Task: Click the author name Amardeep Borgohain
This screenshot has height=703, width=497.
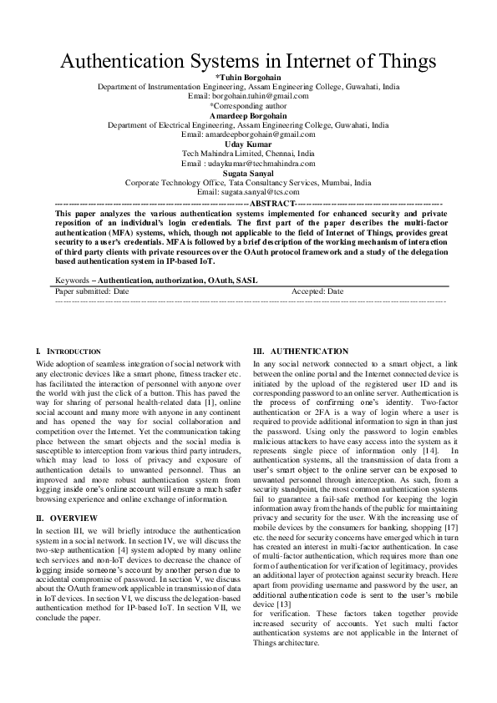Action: pos(248,115)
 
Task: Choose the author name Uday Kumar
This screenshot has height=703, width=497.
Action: pos(248,144)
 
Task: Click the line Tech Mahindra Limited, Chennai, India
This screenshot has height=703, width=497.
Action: pos(248,154)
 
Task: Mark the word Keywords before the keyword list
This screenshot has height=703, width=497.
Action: pos(71,280)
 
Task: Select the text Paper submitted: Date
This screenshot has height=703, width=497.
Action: pos(92,291)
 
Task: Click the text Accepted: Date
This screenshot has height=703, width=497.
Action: pos(317,291)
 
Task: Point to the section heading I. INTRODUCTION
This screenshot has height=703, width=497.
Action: pos(69,352)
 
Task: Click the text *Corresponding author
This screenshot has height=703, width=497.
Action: pos(248,106)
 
